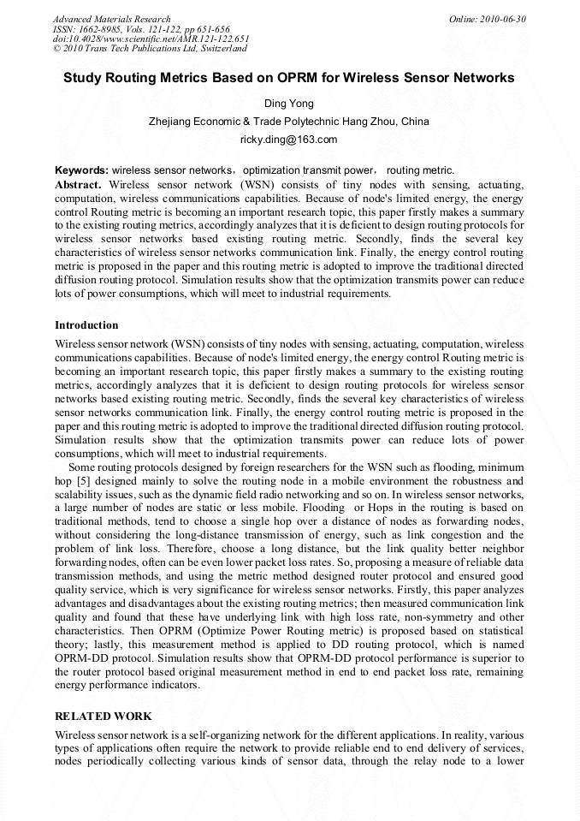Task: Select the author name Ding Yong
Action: click(x=289, y=104)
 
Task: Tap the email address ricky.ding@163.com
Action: click(x=289, y=139)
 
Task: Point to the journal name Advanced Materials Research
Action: click(x=111, y=19)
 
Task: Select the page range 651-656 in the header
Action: click(x=209, y=29)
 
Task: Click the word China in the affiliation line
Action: click(x=415, y=122)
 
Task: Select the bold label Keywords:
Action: click(x=81, y=170)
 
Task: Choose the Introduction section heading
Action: click(x=86, y=325)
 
